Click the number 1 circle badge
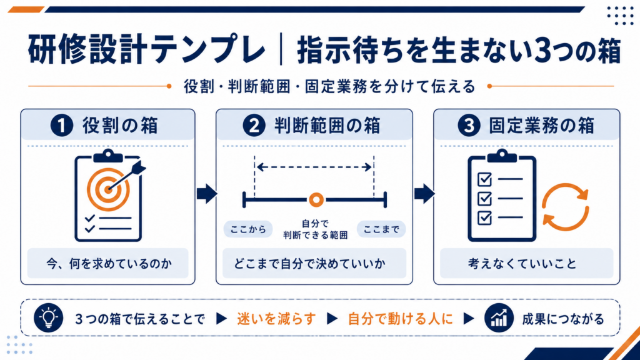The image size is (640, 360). click(62, 125)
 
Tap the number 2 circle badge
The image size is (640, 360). click(254, 125)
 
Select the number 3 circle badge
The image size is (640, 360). click(469, 125)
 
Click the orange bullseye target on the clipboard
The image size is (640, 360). click(108, 189)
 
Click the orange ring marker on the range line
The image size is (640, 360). click(316, 200)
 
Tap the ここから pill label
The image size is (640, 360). click(248, 229)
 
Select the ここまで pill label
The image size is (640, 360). click(381, 229)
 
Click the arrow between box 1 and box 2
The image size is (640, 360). click(207, 194)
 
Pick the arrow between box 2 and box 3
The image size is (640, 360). click(424, 194)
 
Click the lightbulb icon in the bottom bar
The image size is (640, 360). click(49, 317)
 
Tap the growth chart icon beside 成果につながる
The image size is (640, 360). click(499, 317)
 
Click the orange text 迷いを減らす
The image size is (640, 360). click(276, 319)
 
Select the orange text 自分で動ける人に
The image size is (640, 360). click(401, 319)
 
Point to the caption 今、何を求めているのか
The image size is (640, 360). click(109, 264)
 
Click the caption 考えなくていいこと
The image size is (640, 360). click(522, 264)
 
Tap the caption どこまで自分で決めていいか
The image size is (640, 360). click(310, 264)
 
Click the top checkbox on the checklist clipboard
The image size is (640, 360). click(484, 179)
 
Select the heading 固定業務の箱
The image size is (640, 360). click(542, 125)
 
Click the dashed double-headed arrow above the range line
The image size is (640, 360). click(314, 167)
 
